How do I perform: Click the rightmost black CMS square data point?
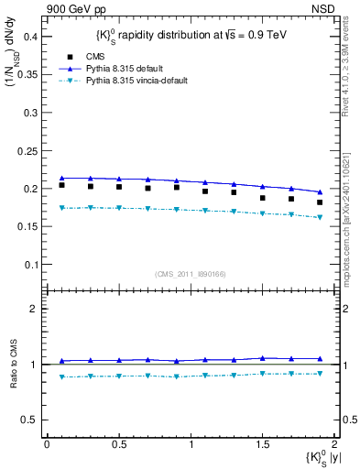click(x=320, y=202)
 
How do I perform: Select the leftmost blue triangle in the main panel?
click(x=61, y=178)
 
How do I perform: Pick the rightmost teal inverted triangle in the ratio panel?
click(x=320, y=374)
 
